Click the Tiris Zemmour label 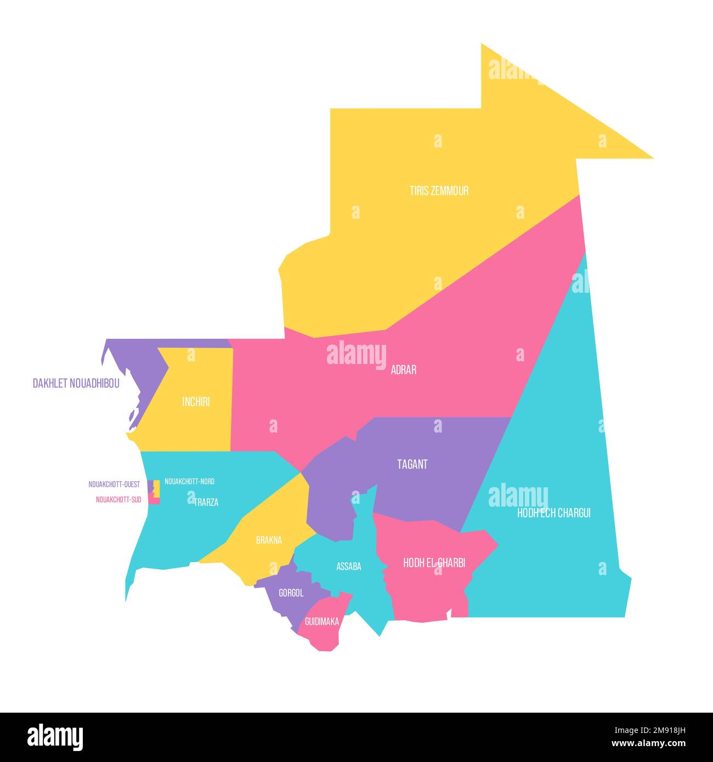[x=439, y=191]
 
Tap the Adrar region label [x=403, y=370]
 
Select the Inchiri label [x=196, y=402]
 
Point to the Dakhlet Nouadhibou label [x=76, y=384]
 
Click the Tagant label [x=412, y=464]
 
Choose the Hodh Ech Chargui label [x=553, y=513]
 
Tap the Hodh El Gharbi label [x=434, y=563]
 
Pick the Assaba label [x=349, y=567]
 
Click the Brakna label [x=269, y=541]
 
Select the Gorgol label [x=291, y=593]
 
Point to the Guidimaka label [x=321, y=622]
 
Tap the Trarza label [x=206, y=502]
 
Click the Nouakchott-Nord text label [x=189, y=481]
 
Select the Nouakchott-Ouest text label [x=114, y=485]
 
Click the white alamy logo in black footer [x=55, y=737]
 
